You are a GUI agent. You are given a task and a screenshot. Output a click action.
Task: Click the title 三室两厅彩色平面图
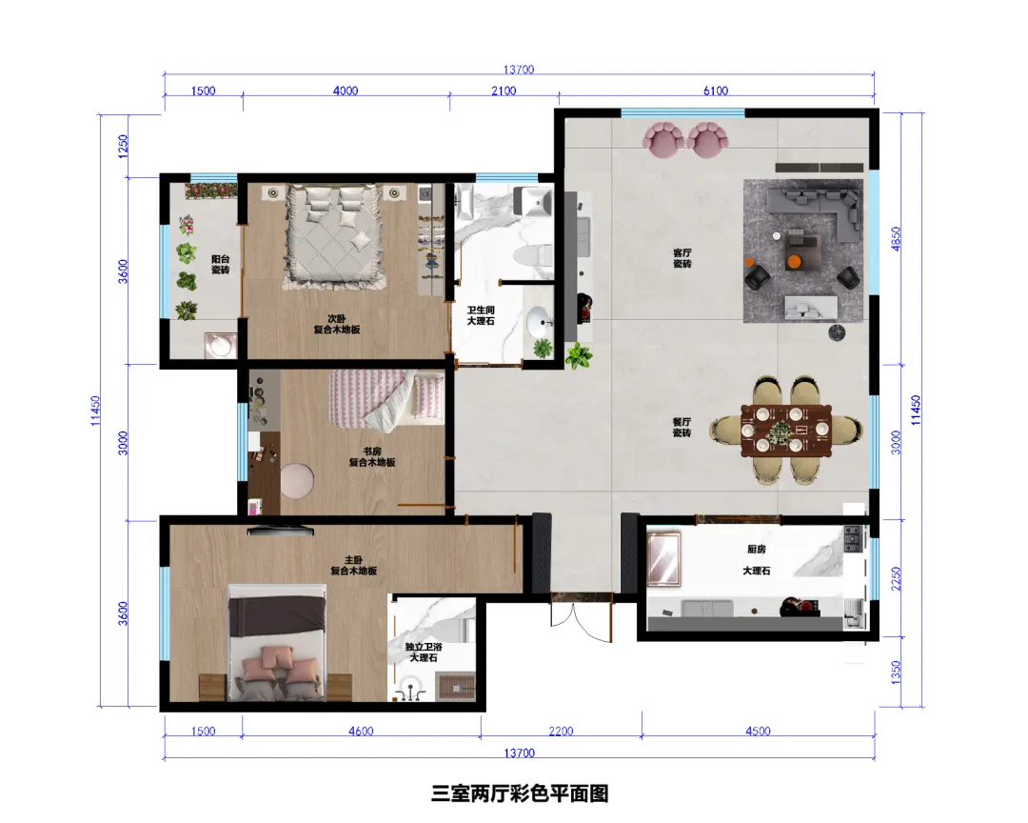tap(520, 793)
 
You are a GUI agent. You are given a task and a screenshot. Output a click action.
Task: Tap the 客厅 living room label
tap(682, 252)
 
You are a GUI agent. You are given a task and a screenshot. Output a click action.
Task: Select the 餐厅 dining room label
tap(682, 422)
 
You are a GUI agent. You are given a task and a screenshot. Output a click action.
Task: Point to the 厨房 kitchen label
tap(757, 549)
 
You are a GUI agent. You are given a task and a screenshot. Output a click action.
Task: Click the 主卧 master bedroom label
tap(353, 560)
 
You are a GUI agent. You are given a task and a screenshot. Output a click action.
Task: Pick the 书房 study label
tap(372, 452)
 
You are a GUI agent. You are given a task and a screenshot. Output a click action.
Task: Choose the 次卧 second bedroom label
tap(336, 318)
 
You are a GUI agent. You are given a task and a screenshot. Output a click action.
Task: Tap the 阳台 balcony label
tap(220, 259)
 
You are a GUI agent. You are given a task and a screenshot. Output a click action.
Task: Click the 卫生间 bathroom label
tap(481, 310)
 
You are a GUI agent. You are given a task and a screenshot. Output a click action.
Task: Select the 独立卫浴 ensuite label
tap(424, 647)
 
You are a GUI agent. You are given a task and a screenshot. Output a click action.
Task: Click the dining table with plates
tap(786, 431)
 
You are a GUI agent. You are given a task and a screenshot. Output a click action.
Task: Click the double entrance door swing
tap(581, 620)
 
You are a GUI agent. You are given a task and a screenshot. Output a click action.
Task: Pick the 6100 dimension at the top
tap(715, 90)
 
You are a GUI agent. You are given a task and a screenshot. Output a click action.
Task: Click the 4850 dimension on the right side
tap(897, 238)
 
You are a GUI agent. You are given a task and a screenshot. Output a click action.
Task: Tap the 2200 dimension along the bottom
tap(561, 731)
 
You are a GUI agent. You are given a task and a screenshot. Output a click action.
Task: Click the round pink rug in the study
tap(297, 480)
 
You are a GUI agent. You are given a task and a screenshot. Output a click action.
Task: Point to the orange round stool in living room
tap(794, 261)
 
